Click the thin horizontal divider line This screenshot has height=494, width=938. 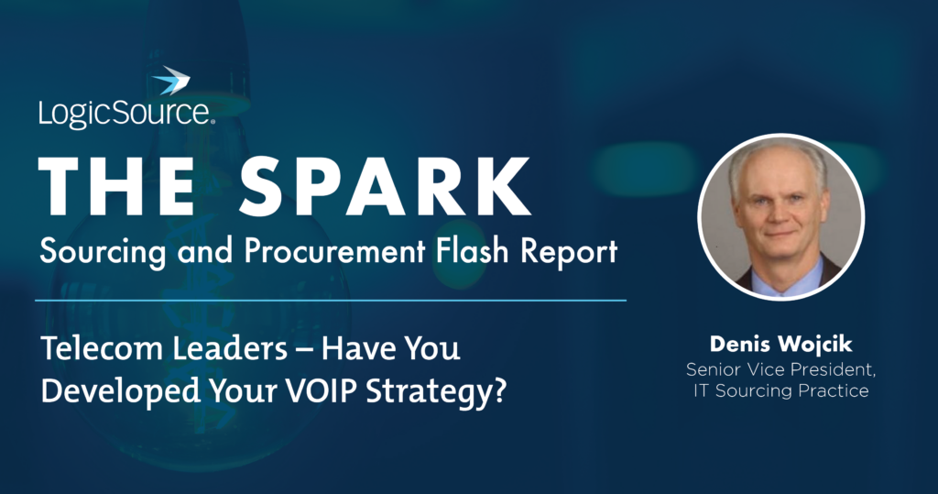click(x=330, y=300)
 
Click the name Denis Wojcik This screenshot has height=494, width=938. click(x=780, y=346)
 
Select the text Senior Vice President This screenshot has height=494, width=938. click(x=780, y=369)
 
